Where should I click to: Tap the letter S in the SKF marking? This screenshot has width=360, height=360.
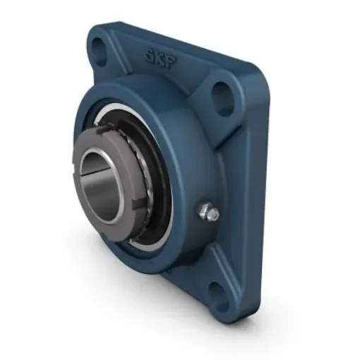pos(150,52)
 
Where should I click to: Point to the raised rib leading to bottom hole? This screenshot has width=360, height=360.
pos(205,275)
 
